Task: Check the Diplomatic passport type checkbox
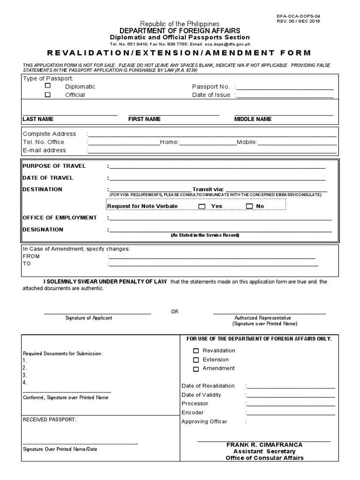(x=48, y=86)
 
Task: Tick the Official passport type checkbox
(x=48, y=95)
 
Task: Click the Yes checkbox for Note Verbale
(x=202, y=206)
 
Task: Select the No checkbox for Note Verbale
(x=249, y=206)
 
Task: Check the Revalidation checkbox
(x=196, y=351)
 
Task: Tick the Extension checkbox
(x=196, y=360)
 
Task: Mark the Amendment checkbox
(x=196, y=369)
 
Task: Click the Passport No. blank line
(x=285, y=88)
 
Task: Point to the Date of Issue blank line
(x=285, y=97)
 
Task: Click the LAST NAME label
(x=38, y=119)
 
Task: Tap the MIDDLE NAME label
(x=253, y=119)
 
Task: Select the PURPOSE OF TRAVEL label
(x=54, y=166)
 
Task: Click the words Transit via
(x=208, y=189)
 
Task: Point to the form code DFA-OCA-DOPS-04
(x=299, y=16)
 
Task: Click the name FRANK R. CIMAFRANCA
(x=264, y=444)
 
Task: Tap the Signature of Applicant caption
(x=89, y=318)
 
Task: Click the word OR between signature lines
(x=174, y=312)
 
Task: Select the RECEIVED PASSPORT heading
(x=49, y=420)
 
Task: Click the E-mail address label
(x=45, y=150)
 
